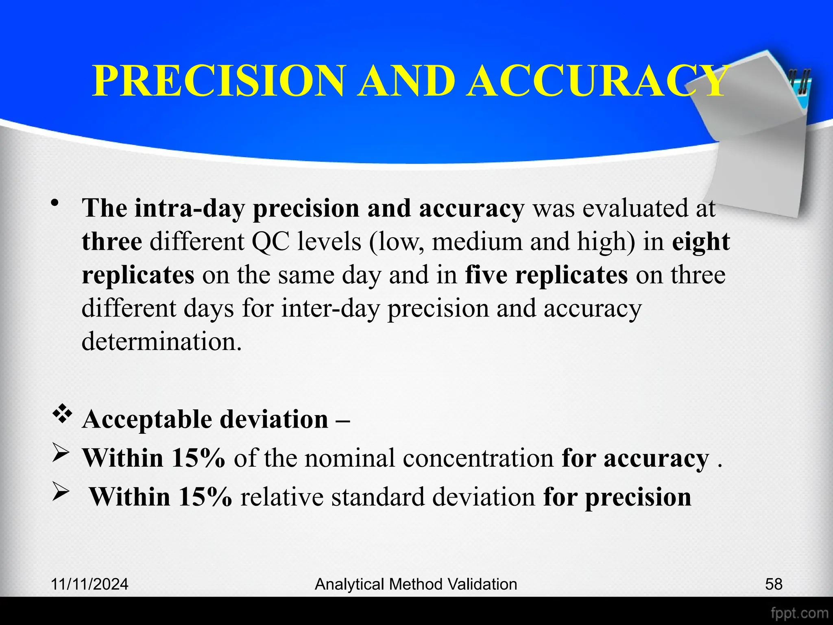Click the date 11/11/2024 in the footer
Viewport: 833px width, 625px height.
[89, 584]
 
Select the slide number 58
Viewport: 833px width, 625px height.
[774, 584]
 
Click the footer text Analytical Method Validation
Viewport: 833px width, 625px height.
[416, 584]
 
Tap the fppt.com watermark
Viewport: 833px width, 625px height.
[799, 613]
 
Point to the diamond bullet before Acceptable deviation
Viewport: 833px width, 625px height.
[62, 416]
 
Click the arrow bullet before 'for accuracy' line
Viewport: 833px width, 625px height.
[62, 455]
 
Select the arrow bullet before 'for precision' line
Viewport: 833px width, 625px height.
[62, 494]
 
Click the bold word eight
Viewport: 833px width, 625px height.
[700, 242]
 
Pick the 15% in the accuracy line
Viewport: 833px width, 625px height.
[198, 458]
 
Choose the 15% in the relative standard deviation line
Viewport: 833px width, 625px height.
[205, 497]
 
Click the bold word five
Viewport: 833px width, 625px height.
[486, 275]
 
